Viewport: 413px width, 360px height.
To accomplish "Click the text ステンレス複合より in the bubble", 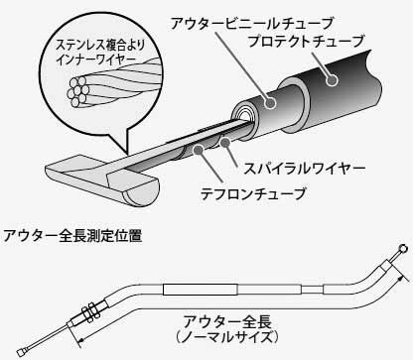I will point(91,45).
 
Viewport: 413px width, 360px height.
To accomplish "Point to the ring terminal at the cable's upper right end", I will point(401,249).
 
